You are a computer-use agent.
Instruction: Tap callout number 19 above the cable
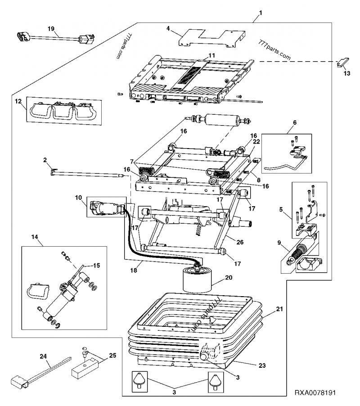[51, 28]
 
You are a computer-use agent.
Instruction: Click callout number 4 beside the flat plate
[168, 29]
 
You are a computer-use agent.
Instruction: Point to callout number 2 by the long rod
[45, 159]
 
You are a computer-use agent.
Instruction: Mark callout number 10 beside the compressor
[78, 197]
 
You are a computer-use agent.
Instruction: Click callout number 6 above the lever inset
[295, 122]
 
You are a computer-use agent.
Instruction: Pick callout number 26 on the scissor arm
[240, 242]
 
